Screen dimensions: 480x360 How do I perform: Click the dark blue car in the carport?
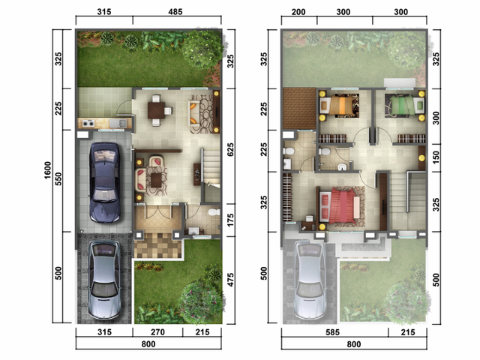(104, 182)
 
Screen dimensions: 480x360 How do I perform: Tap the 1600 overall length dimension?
(48, 170)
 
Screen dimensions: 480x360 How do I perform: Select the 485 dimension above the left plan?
(175, 12)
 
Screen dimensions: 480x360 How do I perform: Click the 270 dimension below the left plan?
(157, 332)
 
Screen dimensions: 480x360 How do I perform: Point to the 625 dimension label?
(230, 150)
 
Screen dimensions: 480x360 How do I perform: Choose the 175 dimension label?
(230, 220)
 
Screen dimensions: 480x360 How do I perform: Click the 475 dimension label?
(230, 280)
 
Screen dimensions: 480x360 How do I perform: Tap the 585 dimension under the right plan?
(332, 332)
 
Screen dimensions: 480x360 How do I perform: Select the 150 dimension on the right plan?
(436, 157)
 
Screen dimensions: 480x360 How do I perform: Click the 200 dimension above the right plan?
(298, 12)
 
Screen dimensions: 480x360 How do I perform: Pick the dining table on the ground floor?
(157, 110)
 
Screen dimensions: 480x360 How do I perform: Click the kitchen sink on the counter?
(118, 123)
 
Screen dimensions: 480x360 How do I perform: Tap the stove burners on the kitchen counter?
(88, 123)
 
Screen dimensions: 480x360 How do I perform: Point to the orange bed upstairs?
(339, 105)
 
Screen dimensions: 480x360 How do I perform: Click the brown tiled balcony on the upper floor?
(299, 108)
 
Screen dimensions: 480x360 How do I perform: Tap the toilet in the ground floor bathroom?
(214, 211)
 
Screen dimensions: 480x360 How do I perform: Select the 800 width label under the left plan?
(148, 344)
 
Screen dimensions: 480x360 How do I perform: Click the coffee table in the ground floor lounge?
(156, 180)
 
